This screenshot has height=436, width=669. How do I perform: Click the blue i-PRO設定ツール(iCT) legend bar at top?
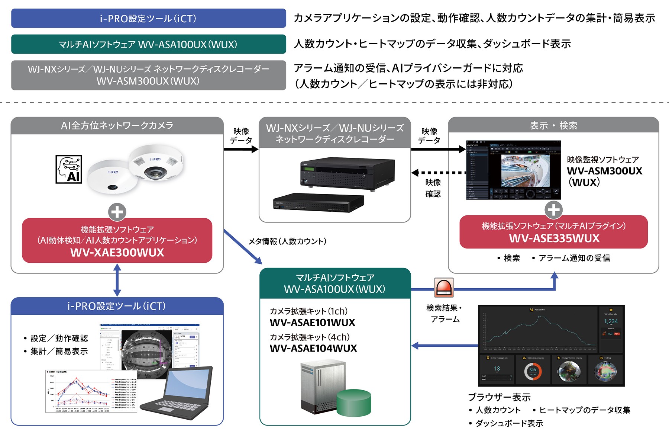[148, 18]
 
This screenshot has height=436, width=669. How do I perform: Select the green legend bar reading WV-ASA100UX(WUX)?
[148, 44]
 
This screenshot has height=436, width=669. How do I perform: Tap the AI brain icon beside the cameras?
[69, 169]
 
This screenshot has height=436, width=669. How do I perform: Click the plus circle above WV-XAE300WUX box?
[117, 212]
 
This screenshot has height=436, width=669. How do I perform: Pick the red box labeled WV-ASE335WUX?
[553, 232]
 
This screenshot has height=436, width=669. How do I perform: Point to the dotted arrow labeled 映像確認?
[439, 173]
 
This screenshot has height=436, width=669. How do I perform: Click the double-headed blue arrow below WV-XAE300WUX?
[117, 280]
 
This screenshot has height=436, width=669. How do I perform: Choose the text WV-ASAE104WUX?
[313, 349]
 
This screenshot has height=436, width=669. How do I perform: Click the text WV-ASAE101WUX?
[313, 323]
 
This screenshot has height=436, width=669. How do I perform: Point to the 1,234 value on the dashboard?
[611, 321]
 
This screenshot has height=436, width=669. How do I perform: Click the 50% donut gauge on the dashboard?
[533, 371]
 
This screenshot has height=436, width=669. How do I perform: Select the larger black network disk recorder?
[348, 174]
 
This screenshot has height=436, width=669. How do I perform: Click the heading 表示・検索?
[553, 126]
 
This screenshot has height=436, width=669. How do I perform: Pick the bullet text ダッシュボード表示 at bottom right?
[509, 423]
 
